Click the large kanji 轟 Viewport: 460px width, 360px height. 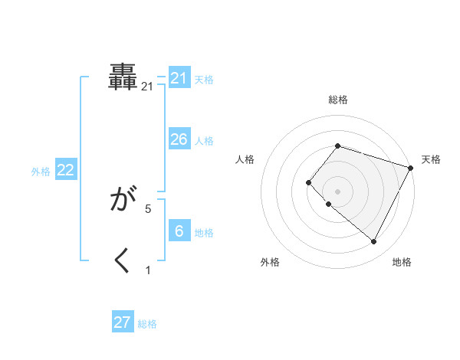coord(123,77)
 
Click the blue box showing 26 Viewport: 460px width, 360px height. coord(179,139)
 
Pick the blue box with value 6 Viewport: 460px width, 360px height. coord(179,231)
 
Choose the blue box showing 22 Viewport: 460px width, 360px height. coord(66,170)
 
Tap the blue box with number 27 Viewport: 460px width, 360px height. coord(123,322)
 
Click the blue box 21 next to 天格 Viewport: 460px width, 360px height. coord(179,78)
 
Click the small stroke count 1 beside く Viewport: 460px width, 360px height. coord(148,270)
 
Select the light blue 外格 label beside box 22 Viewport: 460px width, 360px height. coord(41,172)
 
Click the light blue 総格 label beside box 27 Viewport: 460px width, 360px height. coord(147,324)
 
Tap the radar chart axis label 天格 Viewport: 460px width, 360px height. coord(431,159)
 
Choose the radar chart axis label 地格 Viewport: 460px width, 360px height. coord(402,262)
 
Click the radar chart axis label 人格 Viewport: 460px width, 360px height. coord(245,159)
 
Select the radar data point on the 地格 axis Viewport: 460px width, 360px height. coord(374,242)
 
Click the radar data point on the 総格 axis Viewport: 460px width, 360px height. coord(337,146)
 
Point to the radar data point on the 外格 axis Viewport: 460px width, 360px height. coord(329,204)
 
